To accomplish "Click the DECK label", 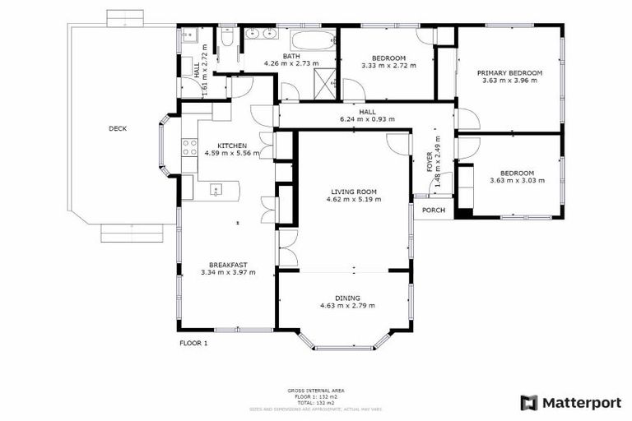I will pos(118,128).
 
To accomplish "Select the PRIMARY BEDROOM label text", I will pos(509,72).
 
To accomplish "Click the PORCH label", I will pos(434,210).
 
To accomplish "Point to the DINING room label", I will pos(346,298).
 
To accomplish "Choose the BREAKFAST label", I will pos(228,265).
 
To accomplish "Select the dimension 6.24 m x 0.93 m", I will pos(367,118).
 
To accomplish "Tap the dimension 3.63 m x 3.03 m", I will pos(517,180).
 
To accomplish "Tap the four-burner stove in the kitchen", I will pos(188,147).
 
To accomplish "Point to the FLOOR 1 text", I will pos(193,343).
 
